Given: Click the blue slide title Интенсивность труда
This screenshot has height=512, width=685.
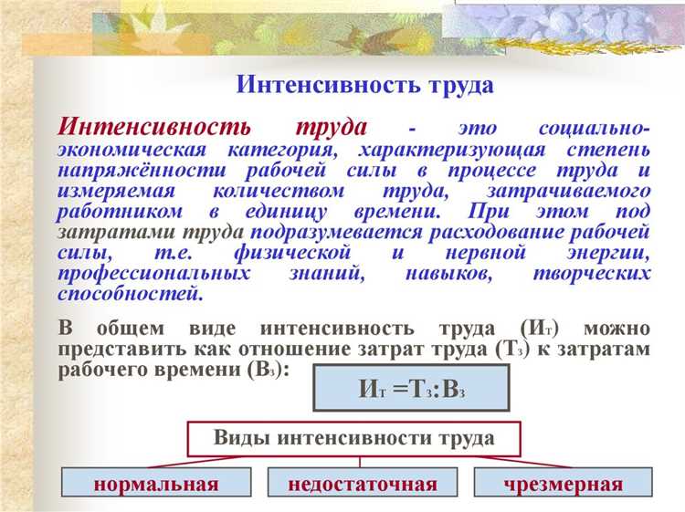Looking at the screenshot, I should click(365, 86).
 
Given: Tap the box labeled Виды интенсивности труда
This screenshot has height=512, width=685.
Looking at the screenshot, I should click(354, 438).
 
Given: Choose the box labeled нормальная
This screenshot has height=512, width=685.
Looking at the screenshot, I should click(155, 484).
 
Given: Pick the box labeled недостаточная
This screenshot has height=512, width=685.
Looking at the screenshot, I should click(362, 484).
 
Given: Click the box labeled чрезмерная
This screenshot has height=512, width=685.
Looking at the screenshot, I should click(563, 484).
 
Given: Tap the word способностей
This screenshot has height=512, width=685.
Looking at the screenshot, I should click(129, 294).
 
